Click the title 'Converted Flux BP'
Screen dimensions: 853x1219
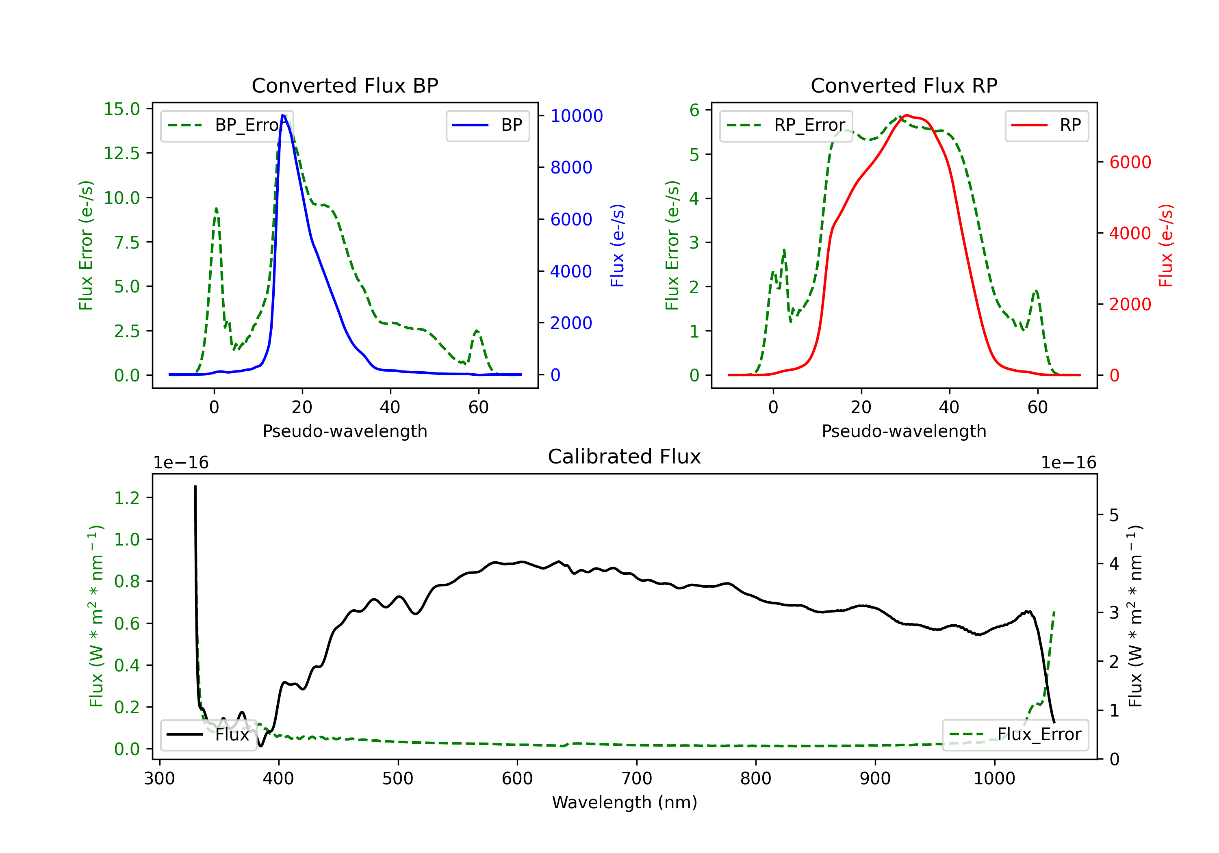point(345,85)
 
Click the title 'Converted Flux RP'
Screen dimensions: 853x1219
point(904,85)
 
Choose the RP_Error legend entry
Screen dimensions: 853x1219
point(786,125)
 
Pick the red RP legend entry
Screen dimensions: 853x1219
point(1046,125)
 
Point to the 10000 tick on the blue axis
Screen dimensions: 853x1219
point(576,116)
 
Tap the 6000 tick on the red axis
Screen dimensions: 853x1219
point(1130,162)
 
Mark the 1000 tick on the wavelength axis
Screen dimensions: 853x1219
point(994,779)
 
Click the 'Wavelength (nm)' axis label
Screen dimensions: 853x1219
point(625,802)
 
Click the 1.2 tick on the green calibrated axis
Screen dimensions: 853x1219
point(126,498)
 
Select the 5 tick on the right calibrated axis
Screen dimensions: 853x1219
point(1114,515)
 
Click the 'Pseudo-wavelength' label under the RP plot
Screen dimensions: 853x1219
point(904,431)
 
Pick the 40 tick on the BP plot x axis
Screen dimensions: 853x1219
point(390,407)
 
